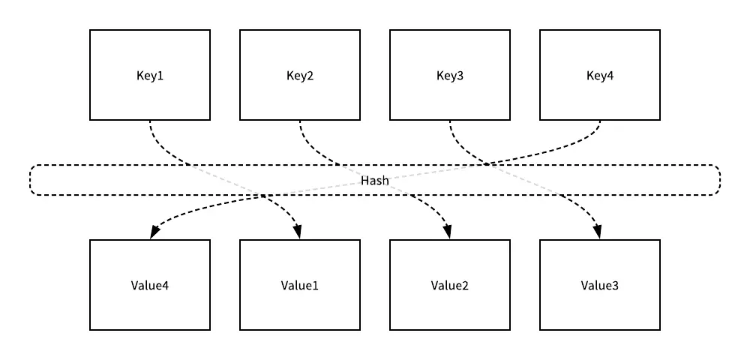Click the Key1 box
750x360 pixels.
pyautogui.click(x=150, y=75)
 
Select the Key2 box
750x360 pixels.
pyautogui.click(x=300, y=75)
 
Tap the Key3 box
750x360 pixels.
pyautogui.click(x=450, y=75)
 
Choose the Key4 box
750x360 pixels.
pyautogui.click(x=600, y=75)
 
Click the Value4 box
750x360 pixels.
pyautogui.click(x=150, y=285)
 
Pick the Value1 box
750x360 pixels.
pyautogui.click(x=300, y=285)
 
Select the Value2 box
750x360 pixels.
pyautogui.click(x=450, y=285)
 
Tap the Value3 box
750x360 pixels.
pyautogui.click(x=600, y=285)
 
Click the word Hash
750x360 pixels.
pyautogui.click(x=375, y=181)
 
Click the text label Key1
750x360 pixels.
pyautogui.click(x=150, y=76)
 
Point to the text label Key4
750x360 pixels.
pyautogui.click(x=600, y=76)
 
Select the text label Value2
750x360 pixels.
pyautogui.click(x=450, y=286)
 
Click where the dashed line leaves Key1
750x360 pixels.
pyautogui.click(x=150, y=121)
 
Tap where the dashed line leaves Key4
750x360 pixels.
pyautogui.click(x=600, y=121)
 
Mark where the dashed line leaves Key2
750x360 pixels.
pyautogui.click(x=300, y=121)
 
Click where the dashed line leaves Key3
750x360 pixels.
pyautogui.click(x=450, y=121)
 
